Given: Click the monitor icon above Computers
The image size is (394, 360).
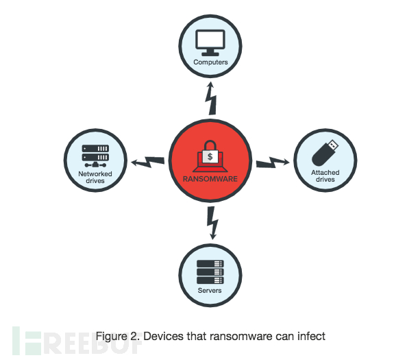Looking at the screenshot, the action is tap(210, 43).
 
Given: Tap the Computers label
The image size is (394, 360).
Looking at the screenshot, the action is tap(210, 62).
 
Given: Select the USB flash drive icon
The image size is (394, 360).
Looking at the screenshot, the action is tap(325, 153).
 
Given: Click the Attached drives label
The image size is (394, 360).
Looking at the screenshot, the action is tap(325, 176).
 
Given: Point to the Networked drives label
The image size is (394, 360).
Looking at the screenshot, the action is tap(95, 177).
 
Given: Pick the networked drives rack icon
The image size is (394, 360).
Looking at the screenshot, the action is tap(95, 156).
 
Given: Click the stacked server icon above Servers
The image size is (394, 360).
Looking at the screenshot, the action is tap(210, 272).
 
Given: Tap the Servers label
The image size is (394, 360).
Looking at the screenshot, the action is tap(210, 291).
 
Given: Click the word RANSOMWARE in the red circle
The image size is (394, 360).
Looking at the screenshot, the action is tap(210, 179).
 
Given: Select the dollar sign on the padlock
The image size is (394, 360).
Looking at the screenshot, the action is tap(210, 157).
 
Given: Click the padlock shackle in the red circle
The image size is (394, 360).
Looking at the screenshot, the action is tap(210, 145).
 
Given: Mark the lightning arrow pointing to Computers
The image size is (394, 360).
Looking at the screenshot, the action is tap(211, 98).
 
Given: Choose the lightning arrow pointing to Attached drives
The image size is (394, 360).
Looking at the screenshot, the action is tap(273, 163).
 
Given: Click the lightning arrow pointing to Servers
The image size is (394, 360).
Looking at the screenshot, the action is tap(212, 223).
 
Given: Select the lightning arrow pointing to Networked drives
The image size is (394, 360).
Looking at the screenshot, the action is tap(148, 162).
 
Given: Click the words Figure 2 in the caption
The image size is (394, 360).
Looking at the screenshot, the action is tap(118, 337).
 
